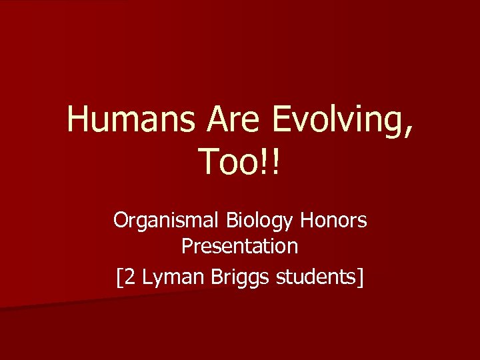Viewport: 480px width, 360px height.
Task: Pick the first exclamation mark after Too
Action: click(267, 163)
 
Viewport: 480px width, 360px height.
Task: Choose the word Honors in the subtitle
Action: click(335, 219)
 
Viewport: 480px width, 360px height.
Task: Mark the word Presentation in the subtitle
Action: click(240, 247)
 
